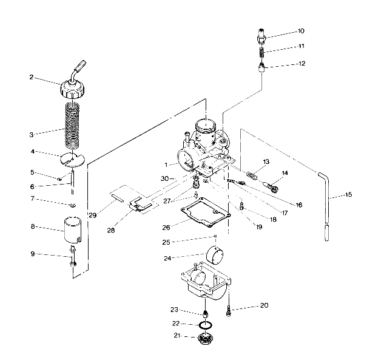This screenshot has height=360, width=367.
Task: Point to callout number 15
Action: tap(348, 195)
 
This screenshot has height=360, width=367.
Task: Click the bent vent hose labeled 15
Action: tap(327, 200)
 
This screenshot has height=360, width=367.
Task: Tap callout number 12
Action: tap(301, 64)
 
